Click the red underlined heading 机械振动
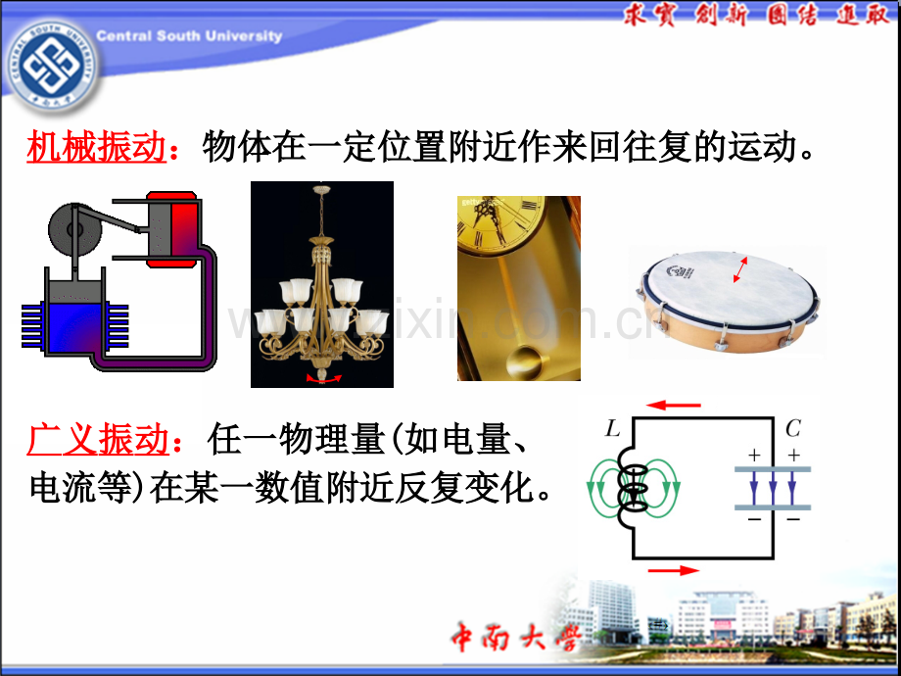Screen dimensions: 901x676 pos(97,147)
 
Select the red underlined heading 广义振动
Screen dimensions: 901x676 pos(98,440)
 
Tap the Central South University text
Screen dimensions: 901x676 pos(189,36)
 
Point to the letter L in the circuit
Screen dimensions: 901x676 pos(613,429)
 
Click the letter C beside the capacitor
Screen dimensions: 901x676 pos(793,429)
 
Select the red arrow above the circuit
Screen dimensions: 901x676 pos(674,406)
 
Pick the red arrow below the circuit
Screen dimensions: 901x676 pos(674,570)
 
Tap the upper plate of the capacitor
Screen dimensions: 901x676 pos(773,469)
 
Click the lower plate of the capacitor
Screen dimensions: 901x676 pos(773,507)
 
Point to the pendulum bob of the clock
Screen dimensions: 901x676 pos(525,362)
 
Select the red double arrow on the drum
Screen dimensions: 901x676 pos(740,269)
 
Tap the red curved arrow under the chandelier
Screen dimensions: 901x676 pos(323,378)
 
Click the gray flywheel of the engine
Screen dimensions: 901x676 pos(75,229)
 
